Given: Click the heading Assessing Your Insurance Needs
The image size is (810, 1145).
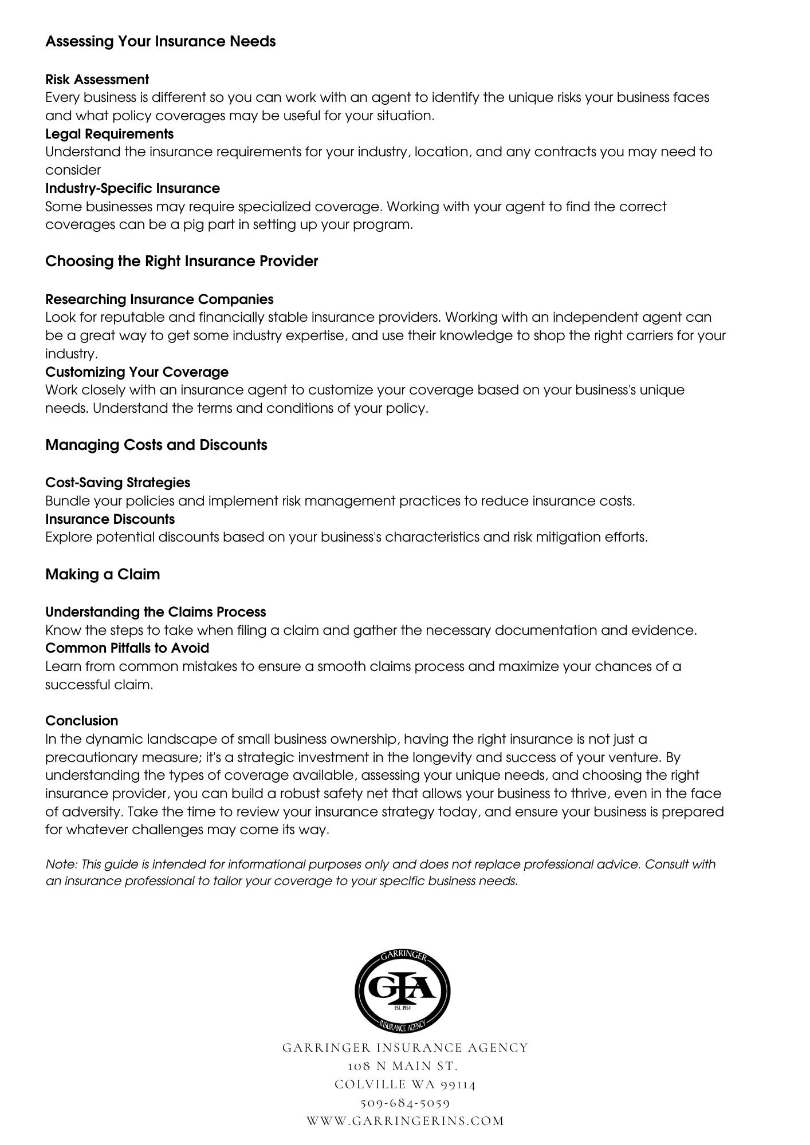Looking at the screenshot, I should (160, 42).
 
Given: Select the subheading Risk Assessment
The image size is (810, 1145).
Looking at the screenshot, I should (97, 80).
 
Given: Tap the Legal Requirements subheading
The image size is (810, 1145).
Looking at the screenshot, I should (109, 134).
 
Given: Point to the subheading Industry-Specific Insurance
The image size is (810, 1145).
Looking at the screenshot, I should (132, 188).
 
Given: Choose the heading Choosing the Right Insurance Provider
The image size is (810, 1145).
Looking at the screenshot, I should (182, 262).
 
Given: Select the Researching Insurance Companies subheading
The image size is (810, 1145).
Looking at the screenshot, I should (159, 299).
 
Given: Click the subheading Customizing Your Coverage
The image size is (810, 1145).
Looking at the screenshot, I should (137, 372).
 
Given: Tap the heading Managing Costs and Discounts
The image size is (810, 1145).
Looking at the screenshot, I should (156, 445).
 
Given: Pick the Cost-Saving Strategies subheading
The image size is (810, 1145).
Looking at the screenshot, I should (117, 483).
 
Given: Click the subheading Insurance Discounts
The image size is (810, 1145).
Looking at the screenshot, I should (110, 519).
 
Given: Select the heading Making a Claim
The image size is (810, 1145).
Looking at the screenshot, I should (103, 574).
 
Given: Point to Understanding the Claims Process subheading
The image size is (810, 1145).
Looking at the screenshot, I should (155, 612).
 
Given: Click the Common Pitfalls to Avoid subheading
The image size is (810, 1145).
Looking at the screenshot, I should (127, 648).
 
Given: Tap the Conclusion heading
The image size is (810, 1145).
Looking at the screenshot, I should (81, 721).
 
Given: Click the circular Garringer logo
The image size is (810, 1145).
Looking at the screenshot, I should (403, 989).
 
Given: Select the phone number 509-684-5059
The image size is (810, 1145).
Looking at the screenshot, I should (405, 1103).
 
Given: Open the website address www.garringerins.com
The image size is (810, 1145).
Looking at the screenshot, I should (405, 1121).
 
